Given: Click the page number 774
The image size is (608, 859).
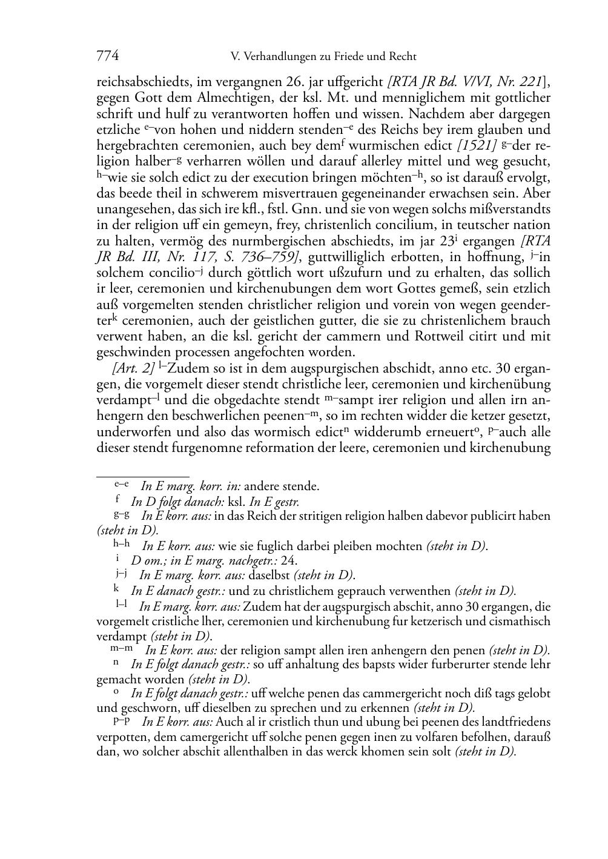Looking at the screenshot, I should (x=107, y=56).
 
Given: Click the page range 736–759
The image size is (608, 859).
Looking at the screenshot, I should (x=271, y=257).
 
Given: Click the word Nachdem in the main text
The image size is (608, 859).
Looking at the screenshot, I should (x=434, y=114).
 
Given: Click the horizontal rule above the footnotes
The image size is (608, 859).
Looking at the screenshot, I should (x=143, y=468).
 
